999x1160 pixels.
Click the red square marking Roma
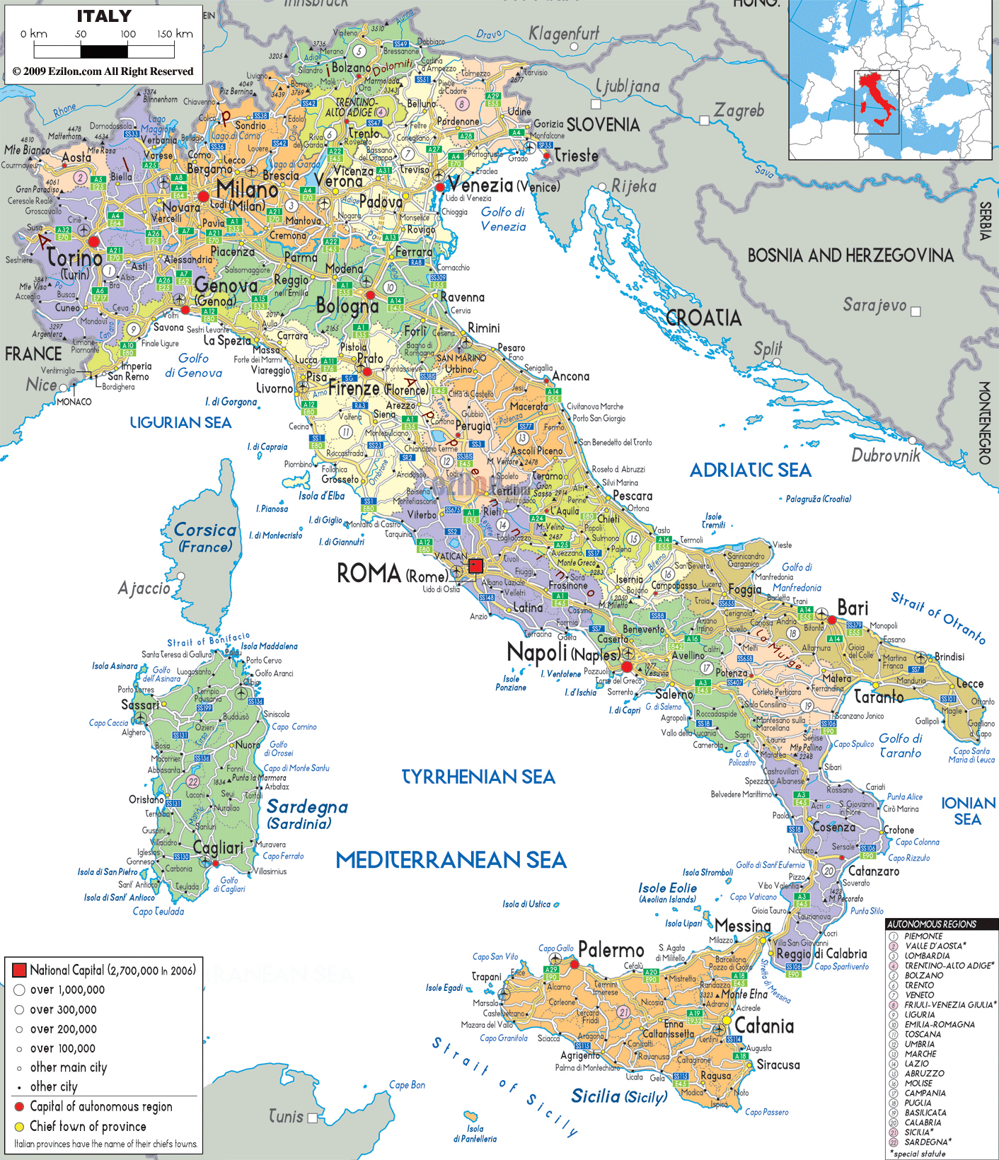[x=476, y=566]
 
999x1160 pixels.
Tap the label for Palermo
[x=611, y=950]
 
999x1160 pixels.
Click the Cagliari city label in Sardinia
[x=218, y=847]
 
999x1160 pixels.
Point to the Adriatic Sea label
[x=750, y=470]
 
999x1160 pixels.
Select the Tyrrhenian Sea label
[x=478, y=777]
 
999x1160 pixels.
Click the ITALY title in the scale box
[x=104, y=16]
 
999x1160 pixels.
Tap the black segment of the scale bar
[x=104, y=52]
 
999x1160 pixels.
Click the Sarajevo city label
[x=874, y=305]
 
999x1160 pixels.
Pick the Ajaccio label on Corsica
[x=144, y=588]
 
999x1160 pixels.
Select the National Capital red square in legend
[x=19, y=970]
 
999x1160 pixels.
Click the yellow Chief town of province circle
[x=19, y=1126]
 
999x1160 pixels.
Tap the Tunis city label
[x=286, y=1116]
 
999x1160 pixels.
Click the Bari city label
[x=852, y=608]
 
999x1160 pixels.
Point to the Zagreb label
[x=739, y=110]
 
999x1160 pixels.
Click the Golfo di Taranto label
[x=900, y=746]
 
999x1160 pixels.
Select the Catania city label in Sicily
[x=763, y=1026]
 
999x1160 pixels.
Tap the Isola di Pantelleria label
[x=475, y=1134]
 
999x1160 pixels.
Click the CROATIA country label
[x=703, y=318]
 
